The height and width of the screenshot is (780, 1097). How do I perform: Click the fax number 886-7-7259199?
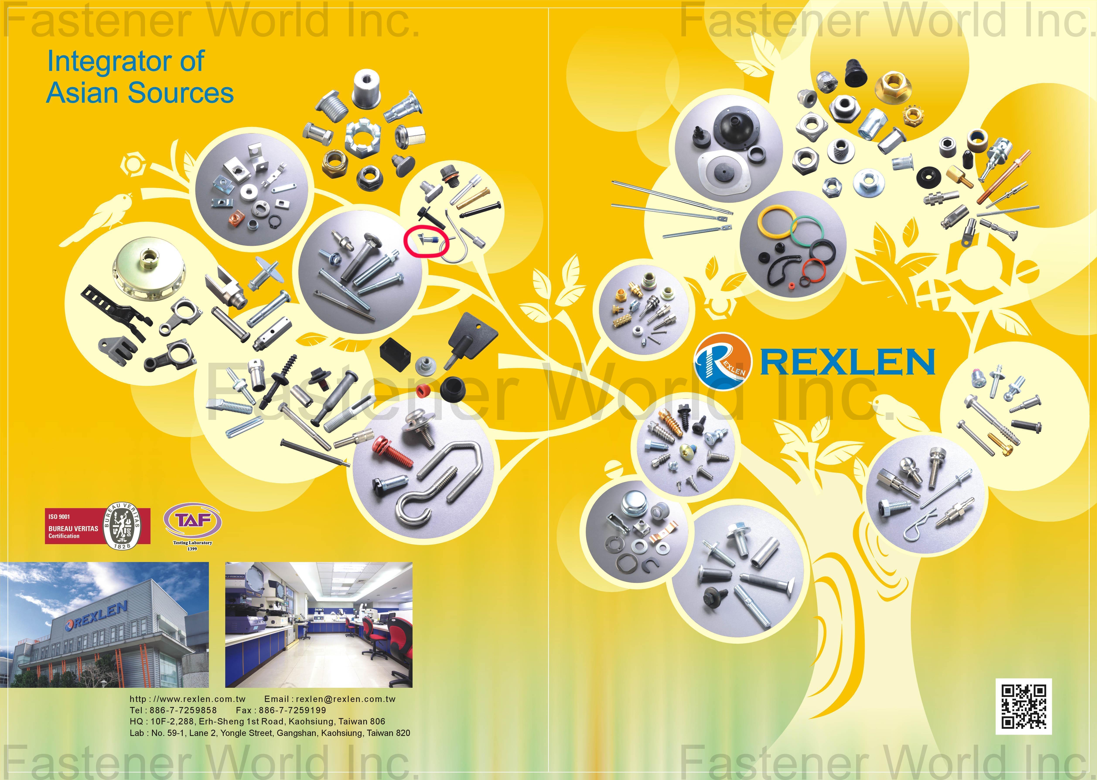coord(292,710)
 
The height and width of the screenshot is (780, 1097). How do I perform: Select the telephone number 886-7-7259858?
coord(183,710)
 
